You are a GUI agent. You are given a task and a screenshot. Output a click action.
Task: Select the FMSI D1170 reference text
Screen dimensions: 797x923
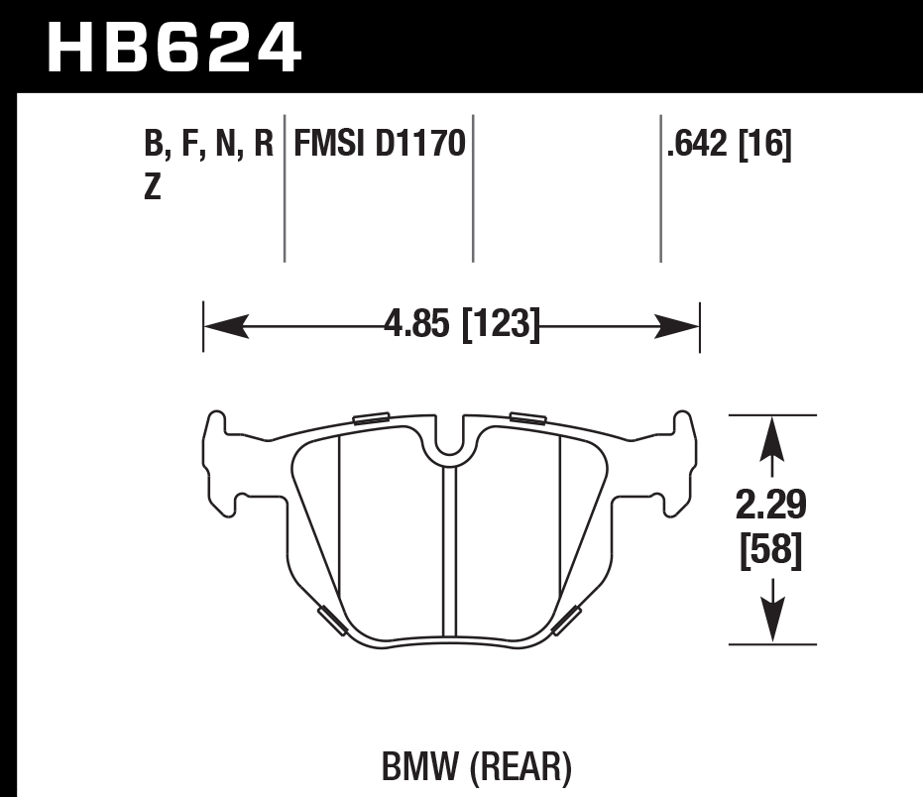point(378,146)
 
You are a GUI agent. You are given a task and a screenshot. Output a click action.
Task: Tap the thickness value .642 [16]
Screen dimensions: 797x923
point(729,146)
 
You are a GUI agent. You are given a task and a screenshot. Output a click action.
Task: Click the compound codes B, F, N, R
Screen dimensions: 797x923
point(208,146)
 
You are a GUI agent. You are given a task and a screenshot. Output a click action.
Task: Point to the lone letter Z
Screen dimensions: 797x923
point(153,187)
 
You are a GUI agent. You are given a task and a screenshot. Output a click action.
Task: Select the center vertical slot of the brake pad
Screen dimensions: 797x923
point(449,550)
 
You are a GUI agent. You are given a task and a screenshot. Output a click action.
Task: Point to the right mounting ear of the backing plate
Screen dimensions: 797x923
point(679,461)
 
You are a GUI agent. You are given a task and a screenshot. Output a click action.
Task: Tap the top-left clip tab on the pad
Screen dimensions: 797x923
point(371,417)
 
